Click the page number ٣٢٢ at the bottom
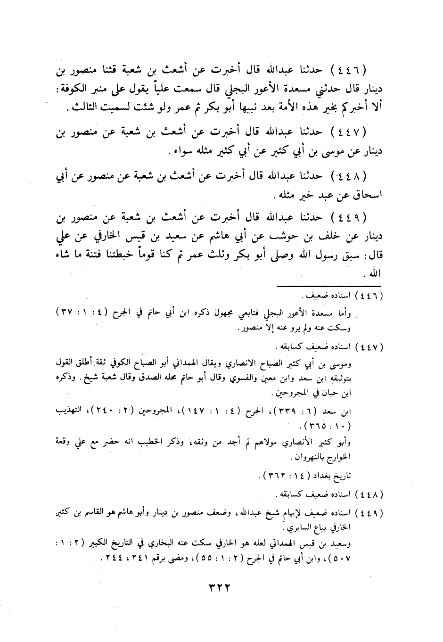click(221, 588)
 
